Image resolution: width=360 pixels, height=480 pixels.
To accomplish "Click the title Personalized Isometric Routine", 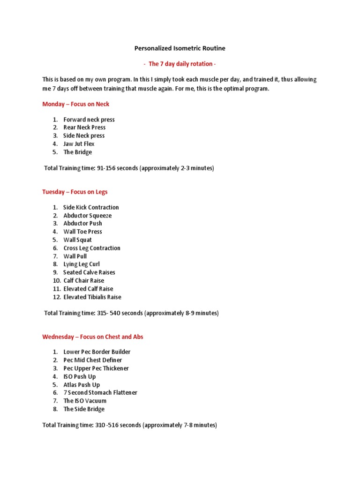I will [180, 48].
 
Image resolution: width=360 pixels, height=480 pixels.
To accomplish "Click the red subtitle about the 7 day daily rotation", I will [180, 64].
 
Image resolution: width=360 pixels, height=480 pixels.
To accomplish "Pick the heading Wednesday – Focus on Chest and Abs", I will [92, 337].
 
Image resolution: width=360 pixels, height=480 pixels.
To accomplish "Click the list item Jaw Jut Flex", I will [79, 144].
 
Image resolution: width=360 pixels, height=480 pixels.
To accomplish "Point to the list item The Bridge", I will [77, 152].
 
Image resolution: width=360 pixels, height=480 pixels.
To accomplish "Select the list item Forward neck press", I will [89, 120].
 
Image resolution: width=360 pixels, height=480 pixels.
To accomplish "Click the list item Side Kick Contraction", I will [91, 207].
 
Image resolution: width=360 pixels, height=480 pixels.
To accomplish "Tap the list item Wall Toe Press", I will [82, 232].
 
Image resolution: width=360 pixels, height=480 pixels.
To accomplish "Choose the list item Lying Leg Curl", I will [82, 264].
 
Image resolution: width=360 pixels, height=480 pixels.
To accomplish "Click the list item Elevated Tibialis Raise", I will [92, 297].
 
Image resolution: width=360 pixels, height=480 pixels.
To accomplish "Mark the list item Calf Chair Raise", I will [84, 280].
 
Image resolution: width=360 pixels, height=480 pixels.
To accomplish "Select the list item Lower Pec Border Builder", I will [97, 352].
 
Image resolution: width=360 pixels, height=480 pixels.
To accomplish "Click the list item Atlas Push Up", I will [82, 385].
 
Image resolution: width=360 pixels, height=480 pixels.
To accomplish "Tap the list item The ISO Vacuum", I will [85, 401].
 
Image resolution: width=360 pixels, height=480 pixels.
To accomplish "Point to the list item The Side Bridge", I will [84, 409].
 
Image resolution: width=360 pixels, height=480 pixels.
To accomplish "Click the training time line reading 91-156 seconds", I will [129, 168].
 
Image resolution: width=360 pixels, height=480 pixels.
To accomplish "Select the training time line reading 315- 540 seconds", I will [131, 313].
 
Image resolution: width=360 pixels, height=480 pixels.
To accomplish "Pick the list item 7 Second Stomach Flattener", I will [100, 393].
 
